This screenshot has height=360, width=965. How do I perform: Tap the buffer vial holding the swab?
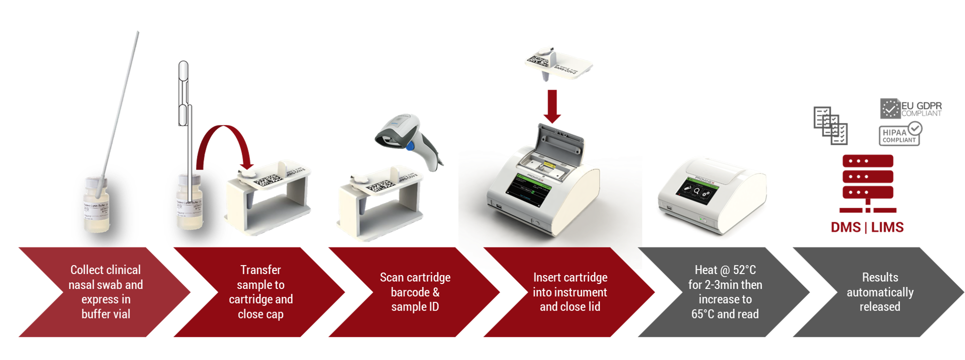[96, 207]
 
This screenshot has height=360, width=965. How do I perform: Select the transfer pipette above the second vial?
[184, 100]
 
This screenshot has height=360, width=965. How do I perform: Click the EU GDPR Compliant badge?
[910, 108]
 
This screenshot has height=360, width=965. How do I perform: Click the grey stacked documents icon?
[830, 125]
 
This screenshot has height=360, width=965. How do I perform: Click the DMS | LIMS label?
[867, 227]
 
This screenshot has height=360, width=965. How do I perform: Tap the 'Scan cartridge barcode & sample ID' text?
[415, 291]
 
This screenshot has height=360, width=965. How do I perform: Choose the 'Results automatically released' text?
[880, 291]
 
